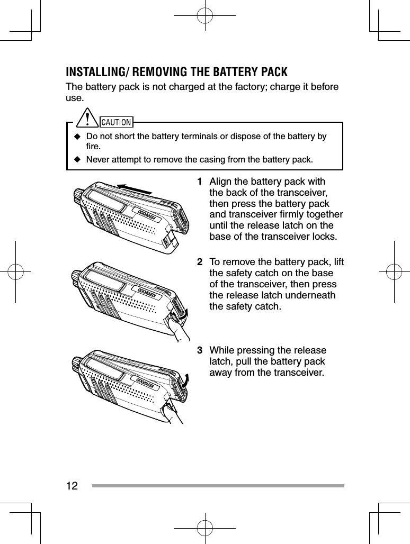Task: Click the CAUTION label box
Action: click(x=116, y=123)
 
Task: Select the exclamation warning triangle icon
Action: click(x=85, y=120)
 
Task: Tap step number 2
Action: click(x=200, y=262)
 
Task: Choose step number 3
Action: click(x=200, y=350)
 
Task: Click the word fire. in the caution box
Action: click(x=94, y=146)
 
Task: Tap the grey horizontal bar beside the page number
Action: click(x=218, y=485)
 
